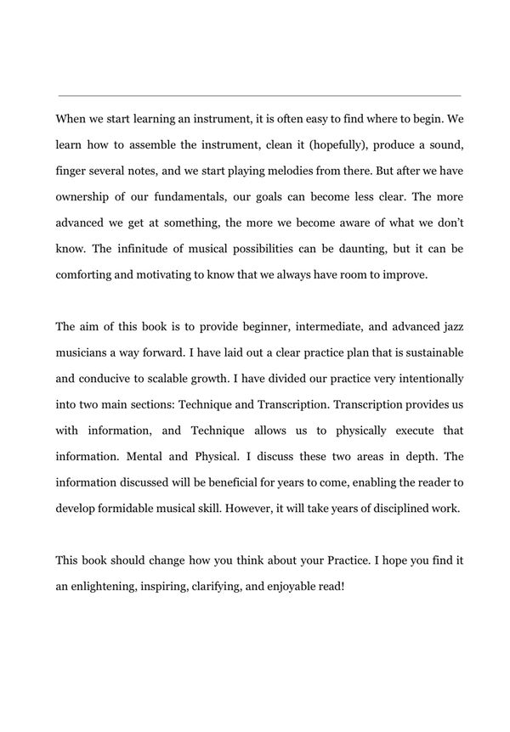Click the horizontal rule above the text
pyautogui.click(x=259, y=95)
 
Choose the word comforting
pyautogui.click(x=89, y=276)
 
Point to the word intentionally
pyautogui.click(x=422, y=378)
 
